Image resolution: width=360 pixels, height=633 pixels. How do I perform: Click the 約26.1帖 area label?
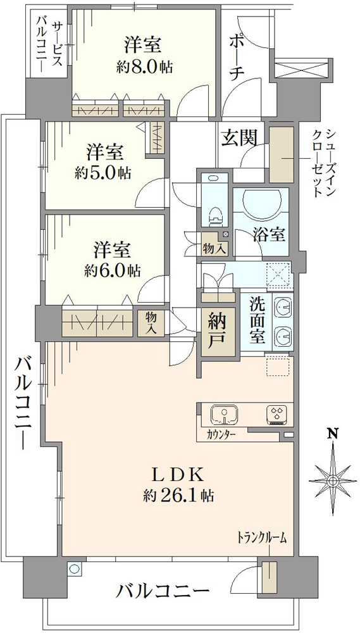(178, 495)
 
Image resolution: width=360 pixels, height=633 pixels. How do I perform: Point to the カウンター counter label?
(221, 435)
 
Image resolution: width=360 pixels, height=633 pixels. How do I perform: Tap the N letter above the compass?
(331, 434)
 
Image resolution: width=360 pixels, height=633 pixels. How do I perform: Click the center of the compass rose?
(332, 480)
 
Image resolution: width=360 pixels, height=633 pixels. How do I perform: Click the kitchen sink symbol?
(223, 414)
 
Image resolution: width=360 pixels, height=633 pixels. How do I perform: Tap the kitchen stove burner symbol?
(277, 415)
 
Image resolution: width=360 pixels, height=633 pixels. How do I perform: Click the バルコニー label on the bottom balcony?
(163, 592)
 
